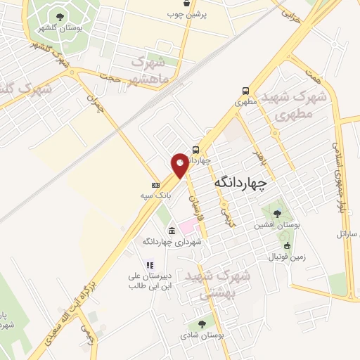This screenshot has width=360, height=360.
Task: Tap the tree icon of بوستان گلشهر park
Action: pos(60,16)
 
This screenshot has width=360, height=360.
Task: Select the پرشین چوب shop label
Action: pos(188,14)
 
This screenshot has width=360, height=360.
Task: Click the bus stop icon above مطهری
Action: pos(245,91)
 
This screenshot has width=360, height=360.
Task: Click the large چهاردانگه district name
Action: pos(240,183)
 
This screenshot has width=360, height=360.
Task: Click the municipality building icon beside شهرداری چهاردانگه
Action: pos(172,231)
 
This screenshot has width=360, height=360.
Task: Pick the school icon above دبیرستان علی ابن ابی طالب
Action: pos(149,264)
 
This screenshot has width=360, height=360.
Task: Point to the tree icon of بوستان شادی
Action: pos(202,324)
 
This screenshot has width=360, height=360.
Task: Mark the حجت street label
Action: pos(111,75)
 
